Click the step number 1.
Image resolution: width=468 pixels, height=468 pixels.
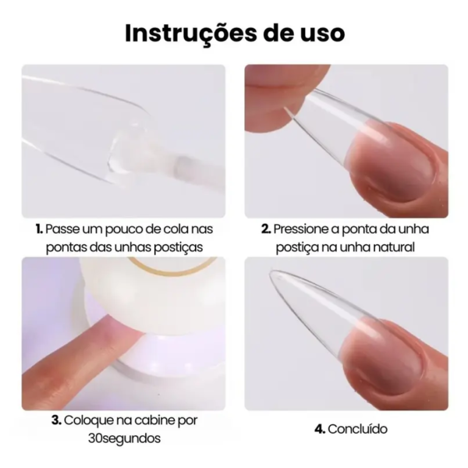(x=39, y=229)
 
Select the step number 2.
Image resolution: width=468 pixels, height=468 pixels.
(x=266, y=229)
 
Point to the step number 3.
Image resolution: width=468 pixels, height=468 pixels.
(x=56, y=420)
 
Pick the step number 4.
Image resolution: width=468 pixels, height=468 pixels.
(x=319, y=429)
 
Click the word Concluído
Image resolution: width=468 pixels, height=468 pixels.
(x=358, y=429)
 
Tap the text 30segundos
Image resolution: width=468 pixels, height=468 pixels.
(x=124, y=438)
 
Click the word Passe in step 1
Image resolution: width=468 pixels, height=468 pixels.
(x=61, y=229)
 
